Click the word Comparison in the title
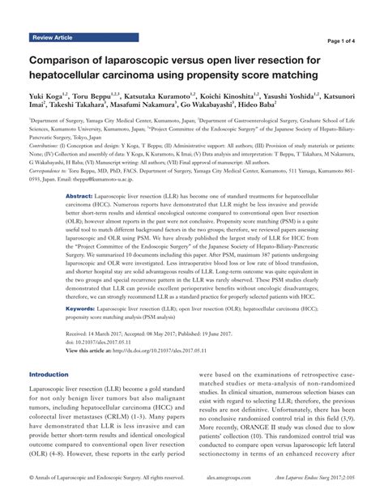(x=69, y=62)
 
